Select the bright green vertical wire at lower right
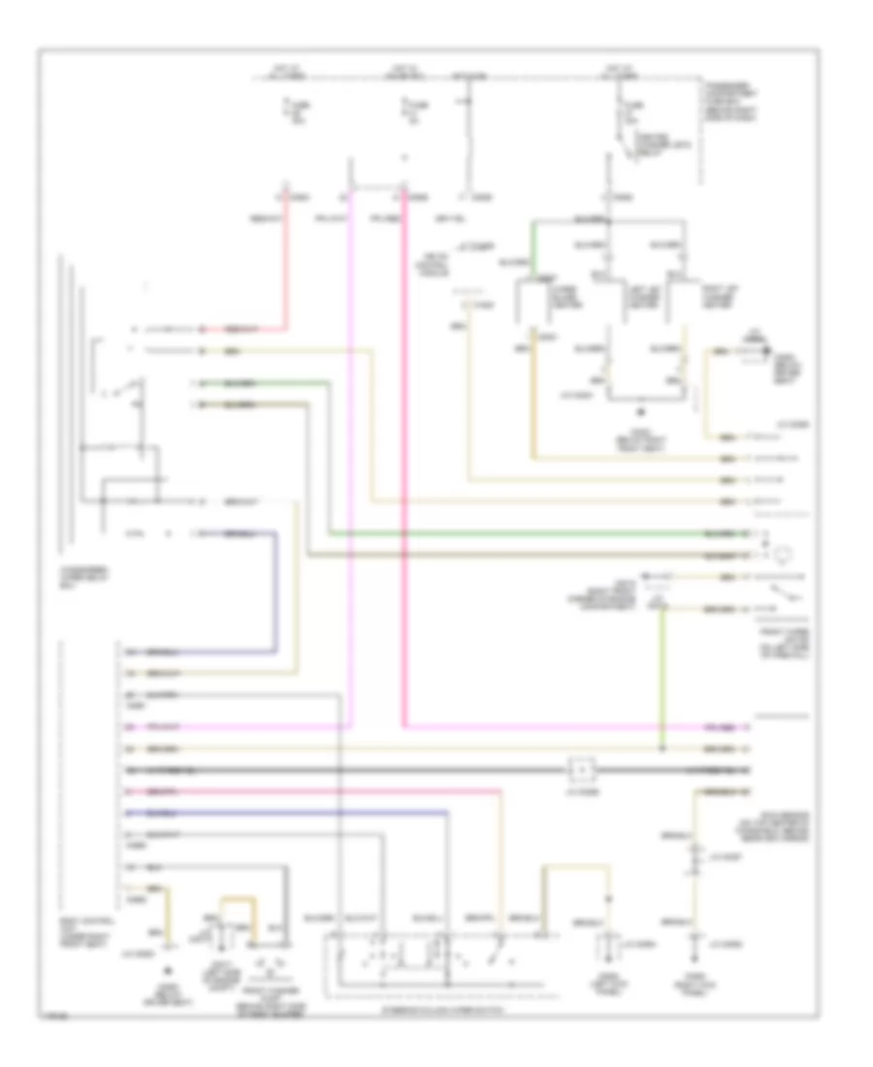pos(662,679)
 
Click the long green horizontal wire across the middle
pos(533,534)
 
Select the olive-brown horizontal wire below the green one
pos(533,556)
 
